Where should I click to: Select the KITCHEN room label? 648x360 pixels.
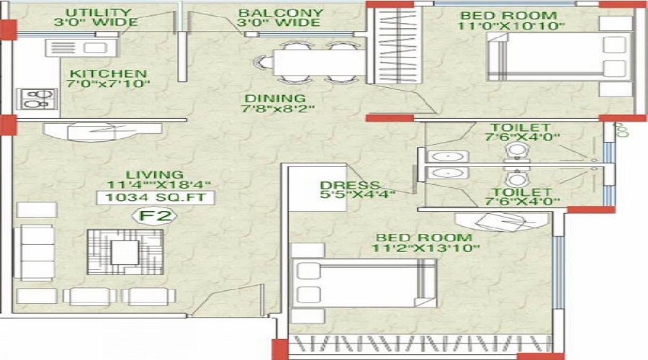click(x=108, y=73)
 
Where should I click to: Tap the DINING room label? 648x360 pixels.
click(x=274, y=99)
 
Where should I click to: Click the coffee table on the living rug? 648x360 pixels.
click(x=125, y=250)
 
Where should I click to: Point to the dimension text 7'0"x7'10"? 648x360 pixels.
click(x=109, y=84)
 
